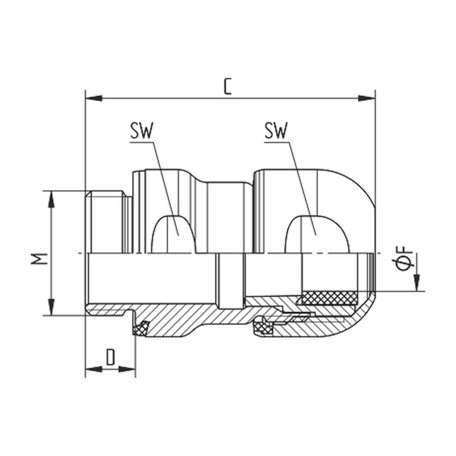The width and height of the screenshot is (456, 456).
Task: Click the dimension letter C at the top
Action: [228, 86]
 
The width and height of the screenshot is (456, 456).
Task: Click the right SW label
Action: [275, 131]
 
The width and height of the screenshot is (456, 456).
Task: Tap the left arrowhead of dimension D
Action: [93, 369]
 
